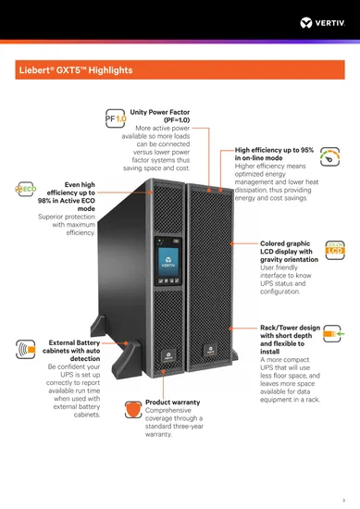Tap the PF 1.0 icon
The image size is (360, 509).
[116, 119]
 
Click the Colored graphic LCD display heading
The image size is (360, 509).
[286, 252]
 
